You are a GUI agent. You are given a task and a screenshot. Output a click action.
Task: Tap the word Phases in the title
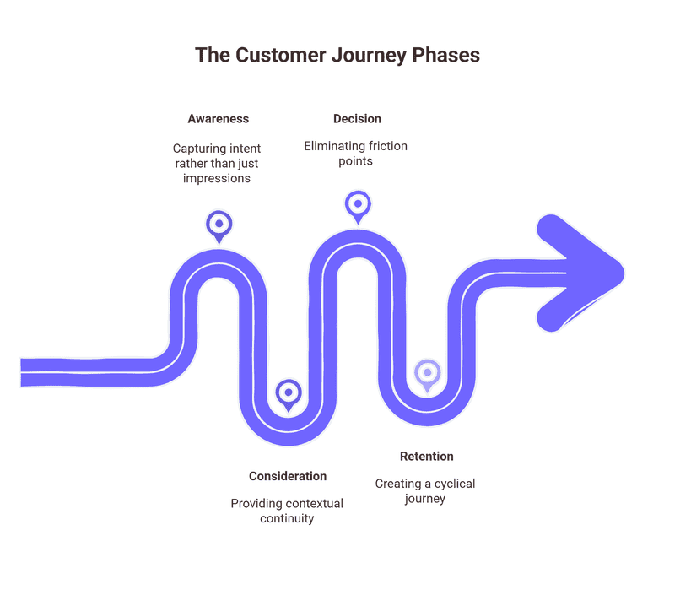click(446, 55)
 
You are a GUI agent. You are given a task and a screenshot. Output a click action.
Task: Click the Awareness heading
click(219, 119)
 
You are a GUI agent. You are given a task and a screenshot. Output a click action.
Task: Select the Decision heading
click(357, 119)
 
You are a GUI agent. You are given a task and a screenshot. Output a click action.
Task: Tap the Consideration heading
click(288, 476)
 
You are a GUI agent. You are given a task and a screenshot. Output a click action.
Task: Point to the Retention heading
click(426, 457)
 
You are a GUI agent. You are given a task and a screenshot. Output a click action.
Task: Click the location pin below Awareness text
click(219, 225)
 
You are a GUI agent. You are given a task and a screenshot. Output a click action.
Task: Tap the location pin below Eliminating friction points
click(358, 204)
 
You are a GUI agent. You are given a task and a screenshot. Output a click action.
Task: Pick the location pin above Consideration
click(289, 392)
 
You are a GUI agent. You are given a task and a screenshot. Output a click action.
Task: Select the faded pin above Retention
click(427, 372)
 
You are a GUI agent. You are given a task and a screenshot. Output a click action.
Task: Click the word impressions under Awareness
click(219, 178)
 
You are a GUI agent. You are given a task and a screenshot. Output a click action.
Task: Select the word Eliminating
click(334, 146)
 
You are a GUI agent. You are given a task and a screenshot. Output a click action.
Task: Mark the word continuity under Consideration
click(287, 518)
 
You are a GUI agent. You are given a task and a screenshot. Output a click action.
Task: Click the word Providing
click(256, 503)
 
